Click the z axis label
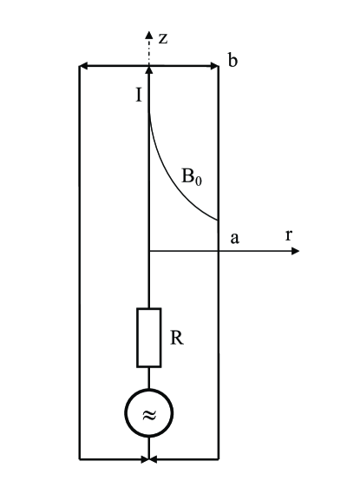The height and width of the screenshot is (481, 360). [162, 39]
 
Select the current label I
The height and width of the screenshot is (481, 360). [138, 93]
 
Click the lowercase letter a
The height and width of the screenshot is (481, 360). [233, 238]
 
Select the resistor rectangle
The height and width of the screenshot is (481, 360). [149, 337]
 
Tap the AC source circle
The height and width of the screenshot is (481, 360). [149, 413]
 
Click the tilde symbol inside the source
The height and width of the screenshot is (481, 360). [149, 413]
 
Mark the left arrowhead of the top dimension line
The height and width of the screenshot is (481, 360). [83, 66]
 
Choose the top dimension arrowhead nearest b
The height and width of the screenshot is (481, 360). [213, 66]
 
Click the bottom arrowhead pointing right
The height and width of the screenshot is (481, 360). [144, 457]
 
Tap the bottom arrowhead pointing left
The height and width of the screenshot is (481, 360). [154, 457]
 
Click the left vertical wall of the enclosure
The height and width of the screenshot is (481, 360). [80, 260]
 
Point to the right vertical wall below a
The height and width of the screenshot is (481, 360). [218, 347]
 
